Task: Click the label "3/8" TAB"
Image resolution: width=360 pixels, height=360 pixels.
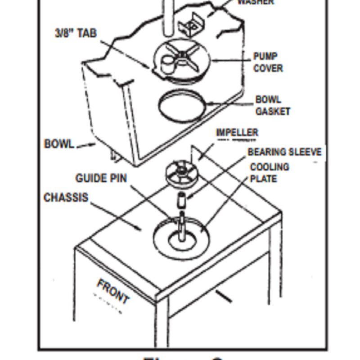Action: coord(76,33)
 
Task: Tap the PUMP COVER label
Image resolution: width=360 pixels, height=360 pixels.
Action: coord(268,63)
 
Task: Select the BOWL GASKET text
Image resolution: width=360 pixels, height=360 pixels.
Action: coord(272,105)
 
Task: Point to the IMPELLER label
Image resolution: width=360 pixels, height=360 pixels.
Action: coord(237,132)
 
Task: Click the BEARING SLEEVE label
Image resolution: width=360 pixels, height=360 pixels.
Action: coord(284,152)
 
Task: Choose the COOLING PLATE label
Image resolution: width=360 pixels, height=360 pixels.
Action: coord(270,173)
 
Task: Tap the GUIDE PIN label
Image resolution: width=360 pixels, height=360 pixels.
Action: coord(101,178)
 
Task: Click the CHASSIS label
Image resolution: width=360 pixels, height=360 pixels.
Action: coord(66,198)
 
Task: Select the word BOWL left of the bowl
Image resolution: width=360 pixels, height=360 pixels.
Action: coord(59,144)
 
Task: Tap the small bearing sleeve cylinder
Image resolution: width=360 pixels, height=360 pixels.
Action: coord(182,201)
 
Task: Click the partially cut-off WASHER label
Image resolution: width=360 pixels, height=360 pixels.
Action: coord(255,2)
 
